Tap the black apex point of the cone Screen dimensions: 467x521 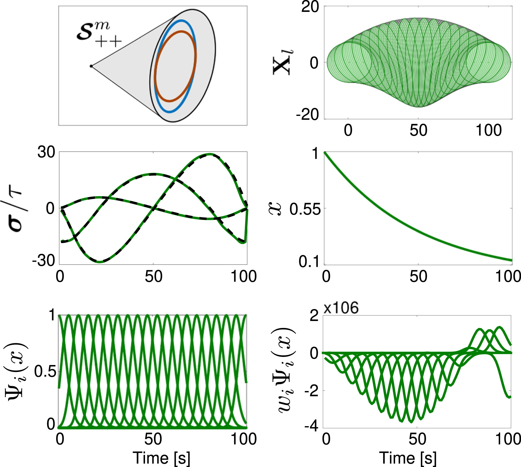click(x=91, y=66)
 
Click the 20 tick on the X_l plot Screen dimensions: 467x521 click(x=310, y=7)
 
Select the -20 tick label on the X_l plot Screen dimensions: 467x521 click(x=307, y=115)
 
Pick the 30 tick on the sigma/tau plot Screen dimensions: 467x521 click(x=46, y=152)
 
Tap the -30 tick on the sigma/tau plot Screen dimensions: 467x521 click(x=43, y=261)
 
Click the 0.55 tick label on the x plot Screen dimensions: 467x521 click(x=305, y=209)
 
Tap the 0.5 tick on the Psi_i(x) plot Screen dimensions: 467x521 click(x=45, y=371)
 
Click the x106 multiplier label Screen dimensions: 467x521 click(x=341, y=308)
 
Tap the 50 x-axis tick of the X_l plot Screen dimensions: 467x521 click(x=419, y=130)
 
